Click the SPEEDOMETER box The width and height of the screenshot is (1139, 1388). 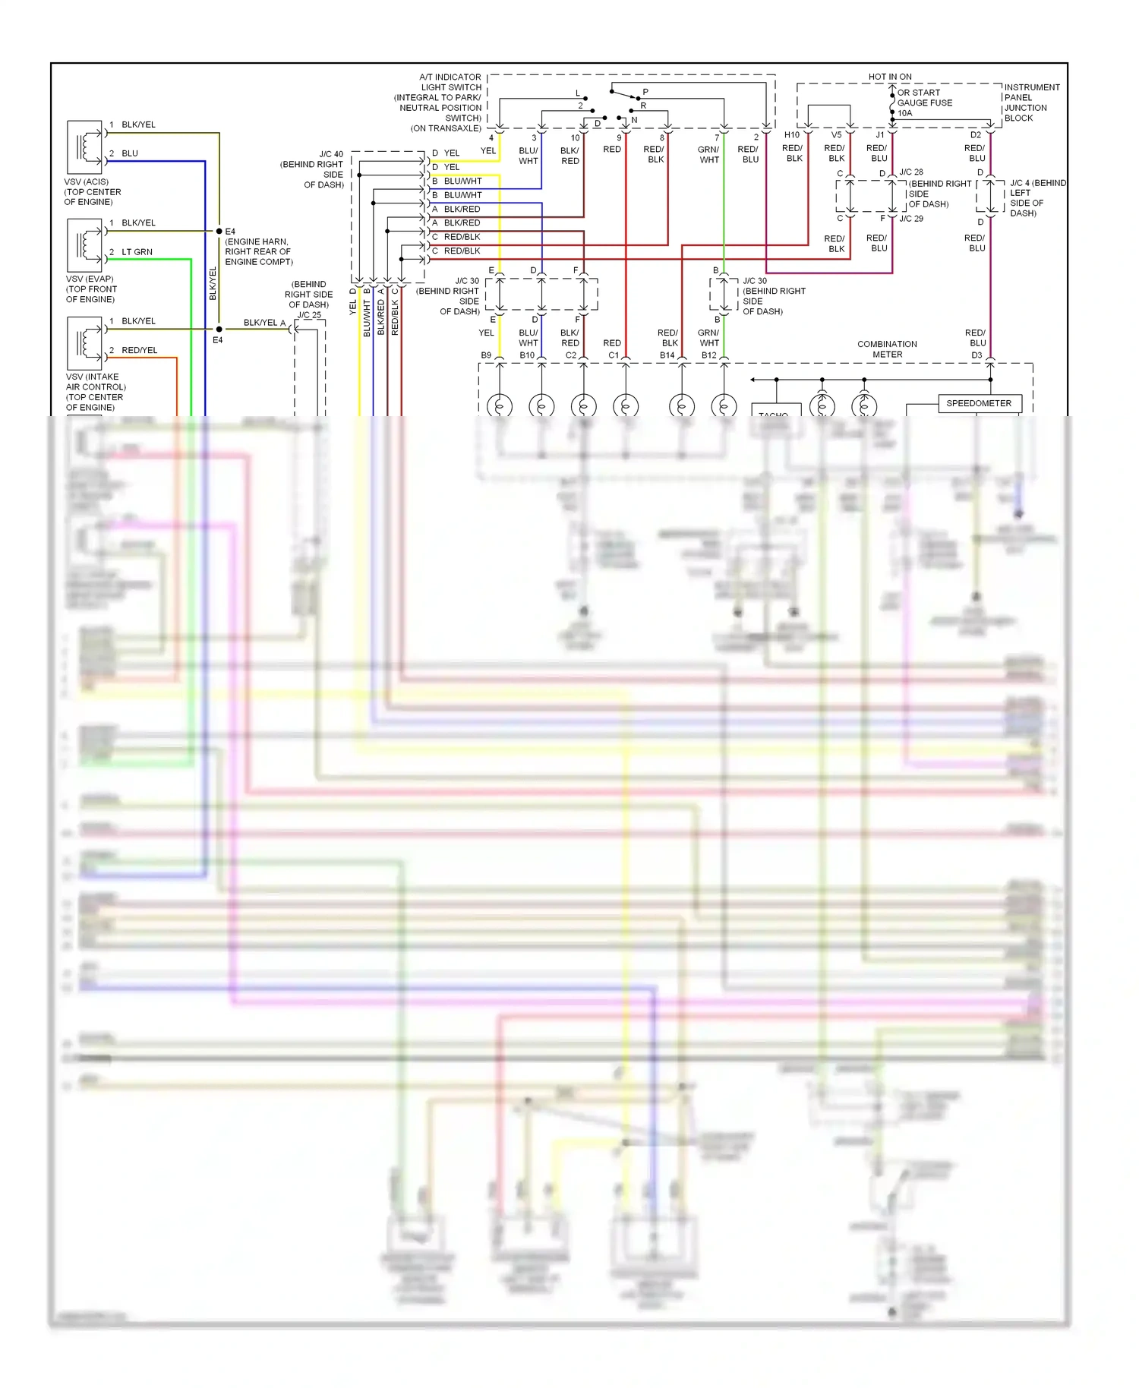pyautogui.click(x=979, y=403)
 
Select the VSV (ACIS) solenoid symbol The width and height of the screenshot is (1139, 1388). pyautogui.click(x=84, y=147)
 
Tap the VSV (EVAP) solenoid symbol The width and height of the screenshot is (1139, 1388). pyautogui.click(x=84, y=244)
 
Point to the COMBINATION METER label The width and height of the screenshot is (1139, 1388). pyautogui.click(x=887, y=349)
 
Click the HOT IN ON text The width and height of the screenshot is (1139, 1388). pyautogui.click(x=890, y=77)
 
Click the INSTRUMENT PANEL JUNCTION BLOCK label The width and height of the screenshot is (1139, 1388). pyautogui.click(x=1031, y=103)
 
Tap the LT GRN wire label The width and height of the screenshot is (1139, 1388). pyautogui.click(x=137, y=252)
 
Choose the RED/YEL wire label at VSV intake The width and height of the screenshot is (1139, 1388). pyautogui.click(x=140, y=350)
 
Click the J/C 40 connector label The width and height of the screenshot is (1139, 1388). pyautogui.click(x=331, y=154)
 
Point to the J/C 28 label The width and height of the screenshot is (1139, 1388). pyautogui.click(x=911, y=172)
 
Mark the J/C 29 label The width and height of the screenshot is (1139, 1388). pyautogui.click(x=911, y=219)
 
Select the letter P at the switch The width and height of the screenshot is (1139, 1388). pyautogui.click(x=645, y=92)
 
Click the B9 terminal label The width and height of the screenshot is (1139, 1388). pyautogui.click(x=486, y=355)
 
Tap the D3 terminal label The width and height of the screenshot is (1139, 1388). pyautogui.click(x=977, y=355)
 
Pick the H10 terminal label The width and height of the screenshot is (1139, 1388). pyautogui.click(x=791, y=135)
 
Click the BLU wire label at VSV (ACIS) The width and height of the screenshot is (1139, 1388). pyautogui.click(x=130, y=153)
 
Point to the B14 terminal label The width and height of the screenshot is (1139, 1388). pyautogui.click(x=667, y=355)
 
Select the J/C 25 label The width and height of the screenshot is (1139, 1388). pyautogui.click(x=309, y=315)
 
